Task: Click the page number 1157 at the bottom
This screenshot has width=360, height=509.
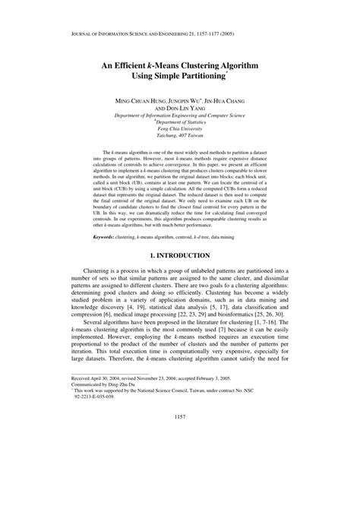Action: [x=180, y=479]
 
